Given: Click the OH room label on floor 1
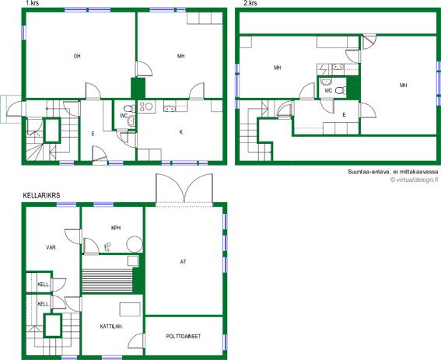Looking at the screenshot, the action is click(77, 56).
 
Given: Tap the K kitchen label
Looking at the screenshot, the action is click(181, 132).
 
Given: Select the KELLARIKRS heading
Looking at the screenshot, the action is click(41, 195).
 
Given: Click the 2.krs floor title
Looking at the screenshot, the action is click(250, 3).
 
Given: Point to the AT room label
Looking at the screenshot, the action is click(183, 262).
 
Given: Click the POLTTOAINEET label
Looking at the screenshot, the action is click(184, 337).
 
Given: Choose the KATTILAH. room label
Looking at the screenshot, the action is click(111, 327).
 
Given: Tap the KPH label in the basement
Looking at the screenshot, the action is click(116, 228).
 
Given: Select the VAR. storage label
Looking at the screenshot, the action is click(52, 248).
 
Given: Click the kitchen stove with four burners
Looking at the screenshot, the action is click(146, 107).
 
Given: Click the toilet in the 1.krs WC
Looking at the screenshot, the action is click(129, 108).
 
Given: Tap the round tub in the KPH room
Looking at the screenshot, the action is click(135, 244).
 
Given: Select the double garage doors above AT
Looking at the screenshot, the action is click(184, 188).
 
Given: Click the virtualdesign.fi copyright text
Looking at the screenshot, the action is click(414, 180).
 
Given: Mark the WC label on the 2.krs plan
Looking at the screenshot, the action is click(328, 91).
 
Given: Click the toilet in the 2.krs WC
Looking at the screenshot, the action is click(341, 90).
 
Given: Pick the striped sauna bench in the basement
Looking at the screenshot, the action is click(107, 281).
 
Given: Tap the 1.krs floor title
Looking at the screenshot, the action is click(33, 3).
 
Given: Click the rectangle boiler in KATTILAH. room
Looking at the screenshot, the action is click(130, 309).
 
